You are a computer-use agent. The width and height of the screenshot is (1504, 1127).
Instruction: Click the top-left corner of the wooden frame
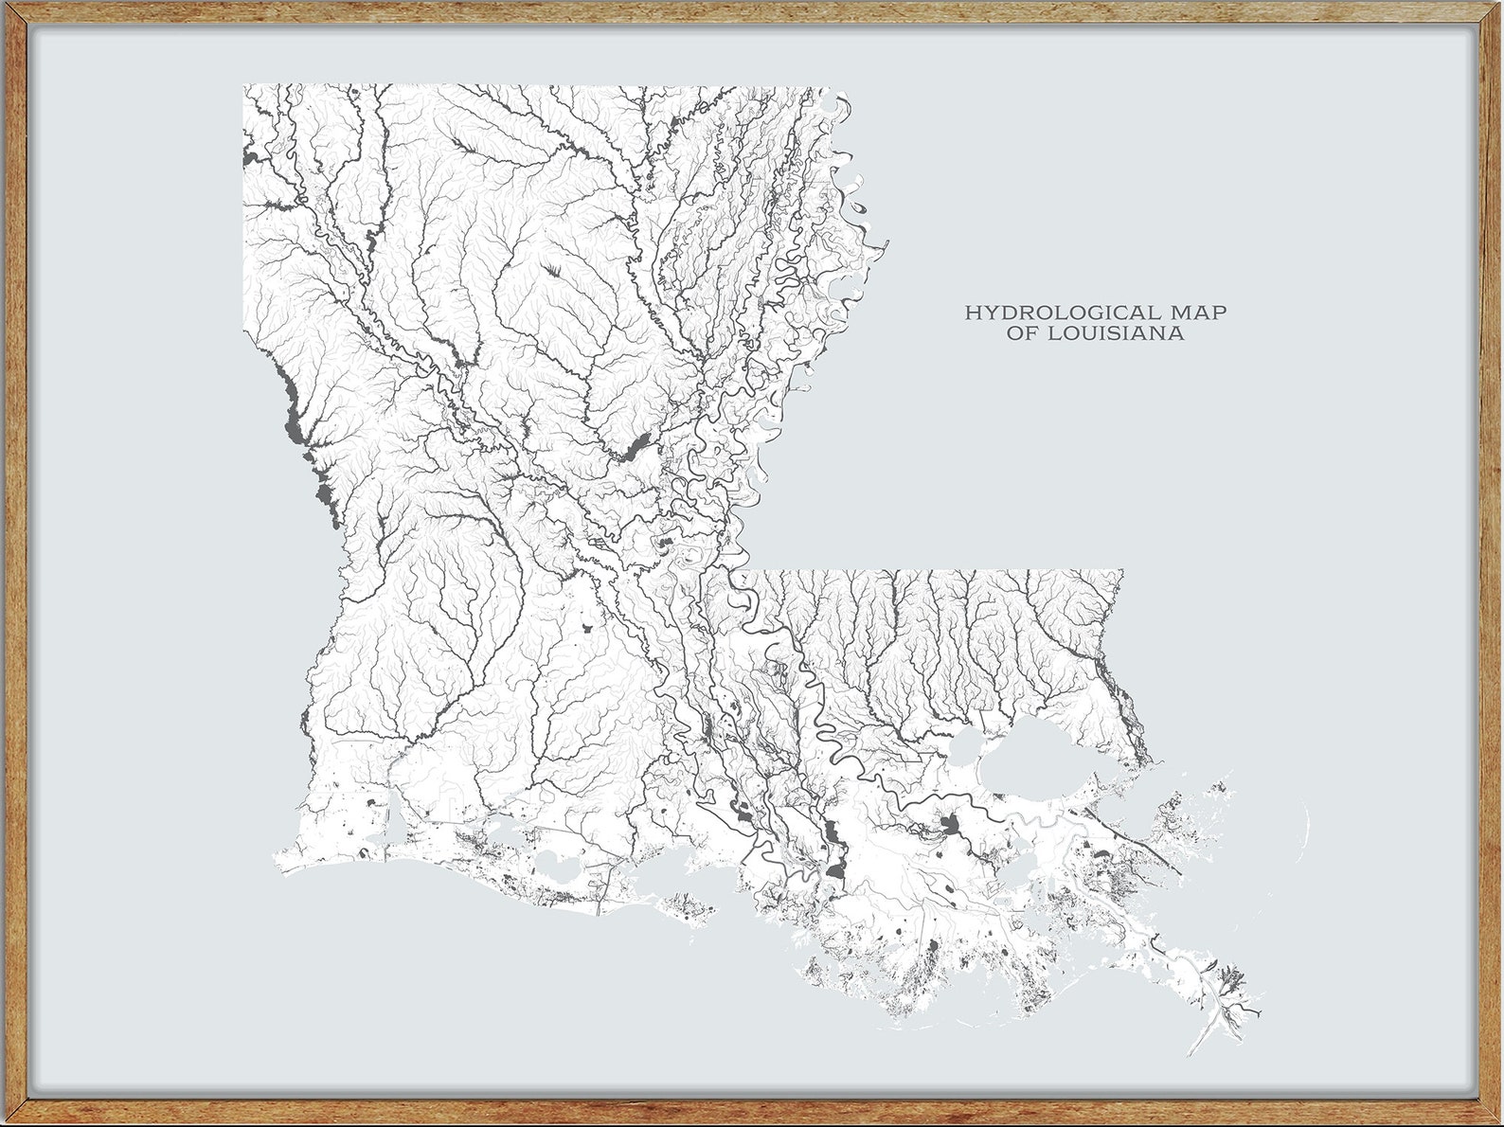pos(8,8)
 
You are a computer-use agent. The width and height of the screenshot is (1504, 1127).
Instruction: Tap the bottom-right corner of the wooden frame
pos(1496,1119)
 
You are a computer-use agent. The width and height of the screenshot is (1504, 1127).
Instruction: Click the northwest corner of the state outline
pos(244,86)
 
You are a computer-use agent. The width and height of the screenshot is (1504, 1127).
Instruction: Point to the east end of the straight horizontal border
pos(1121,571)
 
